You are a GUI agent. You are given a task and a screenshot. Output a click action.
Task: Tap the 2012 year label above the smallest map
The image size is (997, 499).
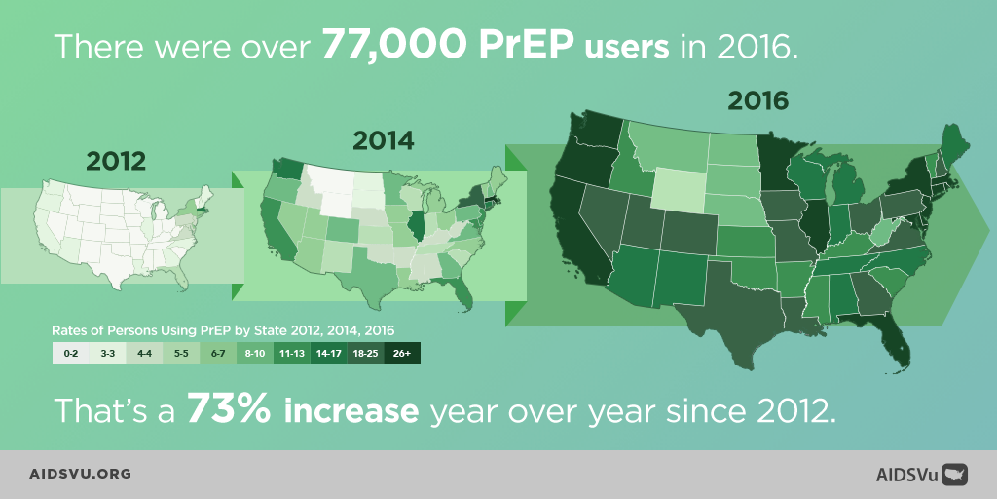[x=116, y=160]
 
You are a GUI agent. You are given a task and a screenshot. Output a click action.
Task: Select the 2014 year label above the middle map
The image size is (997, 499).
[x=383, y=139]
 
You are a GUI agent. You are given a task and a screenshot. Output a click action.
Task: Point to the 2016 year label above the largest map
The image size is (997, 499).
[x=758, y=99]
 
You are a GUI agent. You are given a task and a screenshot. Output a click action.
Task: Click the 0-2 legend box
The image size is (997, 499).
[x=70, y=354]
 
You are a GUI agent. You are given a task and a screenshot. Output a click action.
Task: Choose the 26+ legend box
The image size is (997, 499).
[x=402, y=354]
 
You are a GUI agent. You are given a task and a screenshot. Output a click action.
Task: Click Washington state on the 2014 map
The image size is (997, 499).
[x=288, y=167]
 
